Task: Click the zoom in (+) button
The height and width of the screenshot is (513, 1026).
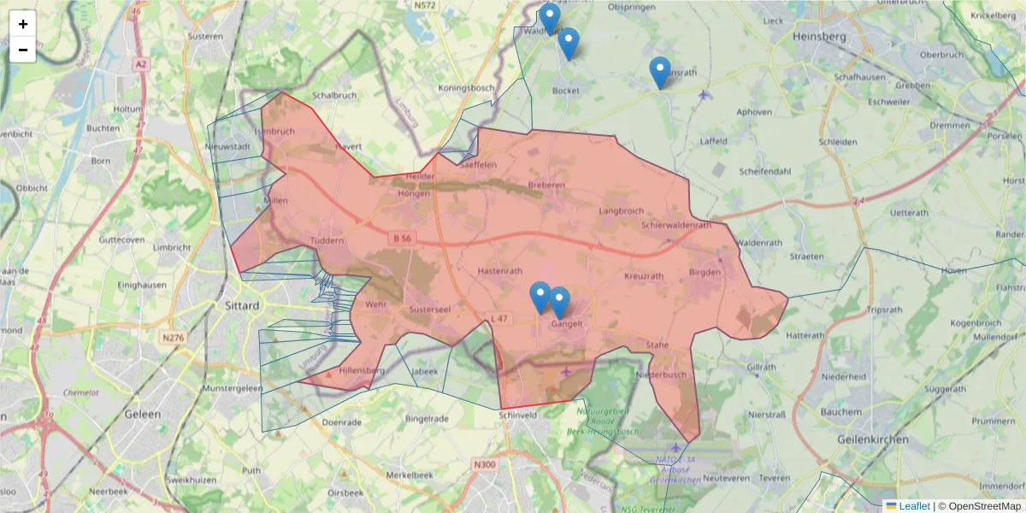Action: tap(23, 24)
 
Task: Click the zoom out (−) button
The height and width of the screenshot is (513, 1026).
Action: tap(23, 50)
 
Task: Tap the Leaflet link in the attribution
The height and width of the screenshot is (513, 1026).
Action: tap(914, 506)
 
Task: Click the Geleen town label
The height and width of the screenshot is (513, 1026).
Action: tap(142, 414)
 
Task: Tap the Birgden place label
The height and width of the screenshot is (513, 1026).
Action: tap(705, 273)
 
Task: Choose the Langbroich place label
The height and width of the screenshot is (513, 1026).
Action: tap(621, 209)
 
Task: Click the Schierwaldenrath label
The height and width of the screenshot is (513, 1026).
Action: tap(676, 226)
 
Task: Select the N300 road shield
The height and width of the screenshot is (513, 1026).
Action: tap(483, 464)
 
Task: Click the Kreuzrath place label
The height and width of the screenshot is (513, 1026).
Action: tap(644, 276)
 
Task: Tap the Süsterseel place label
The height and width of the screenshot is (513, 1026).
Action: tap(428, 309)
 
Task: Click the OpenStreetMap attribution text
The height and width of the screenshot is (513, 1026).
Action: tap(980, 506)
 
